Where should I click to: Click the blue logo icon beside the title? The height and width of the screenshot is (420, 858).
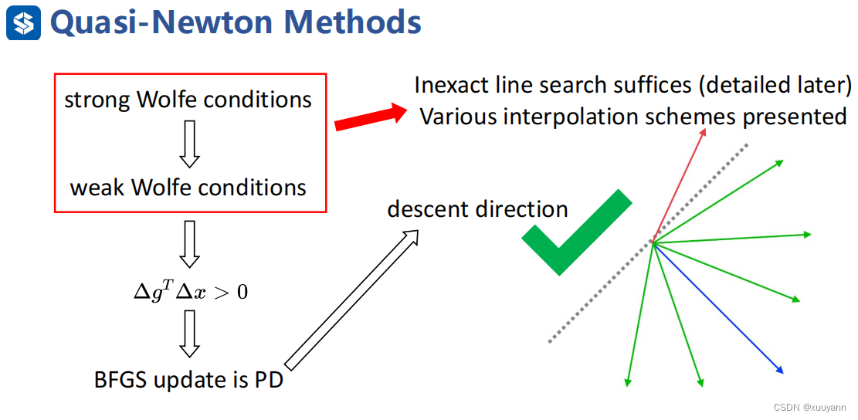23,22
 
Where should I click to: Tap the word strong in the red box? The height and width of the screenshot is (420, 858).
95,101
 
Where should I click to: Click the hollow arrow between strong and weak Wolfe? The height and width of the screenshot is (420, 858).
190,144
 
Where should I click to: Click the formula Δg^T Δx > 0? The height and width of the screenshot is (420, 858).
191,292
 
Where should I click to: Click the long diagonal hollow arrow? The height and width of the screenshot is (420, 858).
351,299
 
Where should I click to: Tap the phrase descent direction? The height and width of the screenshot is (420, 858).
477,209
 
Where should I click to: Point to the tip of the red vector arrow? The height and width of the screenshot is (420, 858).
705,128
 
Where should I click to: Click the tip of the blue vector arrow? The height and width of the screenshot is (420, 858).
784,374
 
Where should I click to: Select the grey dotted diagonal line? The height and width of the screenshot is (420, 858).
648,242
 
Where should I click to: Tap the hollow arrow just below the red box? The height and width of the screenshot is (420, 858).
190,244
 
